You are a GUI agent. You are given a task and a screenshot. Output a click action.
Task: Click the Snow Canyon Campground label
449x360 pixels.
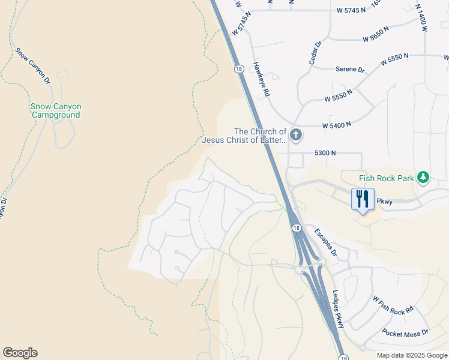(x=56, y=110)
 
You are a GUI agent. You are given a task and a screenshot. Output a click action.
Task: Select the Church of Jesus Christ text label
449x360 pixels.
(x=244, y=136)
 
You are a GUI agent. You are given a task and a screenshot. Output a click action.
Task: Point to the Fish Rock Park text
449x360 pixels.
(x=387, y=178)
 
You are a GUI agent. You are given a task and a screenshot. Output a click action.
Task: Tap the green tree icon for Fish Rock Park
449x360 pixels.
(x=424, y=177)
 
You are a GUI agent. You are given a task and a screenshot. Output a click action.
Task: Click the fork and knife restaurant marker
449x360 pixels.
(x=363, y=199)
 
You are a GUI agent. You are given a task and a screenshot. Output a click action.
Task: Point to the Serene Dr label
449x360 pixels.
(x=350, y=70)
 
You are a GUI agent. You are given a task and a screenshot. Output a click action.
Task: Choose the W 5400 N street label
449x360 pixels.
(x=336, y=125)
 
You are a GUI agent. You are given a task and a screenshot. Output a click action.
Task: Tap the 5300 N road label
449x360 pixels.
(x=324, y=154)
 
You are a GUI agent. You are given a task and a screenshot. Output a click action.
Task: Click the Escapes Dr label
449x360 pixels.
(x=327, y=241)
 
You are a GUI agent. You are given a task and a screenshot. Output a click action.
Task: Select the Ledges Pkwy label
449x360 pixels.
(x=338, y=309)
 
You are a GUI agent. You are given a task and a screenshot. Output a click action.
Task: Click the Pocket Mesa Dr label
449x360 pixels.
(x=405, y=332)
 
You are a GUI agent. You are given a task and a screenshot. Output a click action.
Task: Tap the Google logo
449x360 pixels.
(x=20, y=353)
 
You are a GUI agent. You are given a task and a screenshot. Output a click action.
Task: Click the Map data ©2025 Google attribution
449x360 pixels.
(x=412, y=355)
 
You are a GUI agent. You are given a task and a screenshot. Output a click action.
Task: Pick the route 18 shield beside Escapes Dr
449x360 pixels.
(x=297, y=228)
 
